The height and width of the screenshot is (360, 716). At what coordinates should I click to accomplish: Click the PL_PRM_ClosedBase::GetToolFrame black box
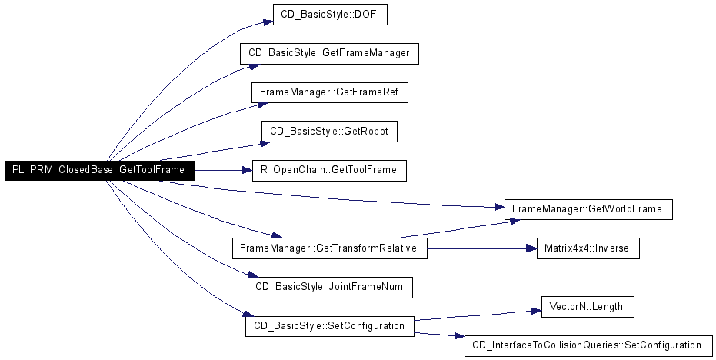click(x=100, y=171)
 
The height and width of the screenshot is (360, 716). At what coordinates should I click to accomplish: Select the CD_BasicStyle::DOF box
click(x=330, y=15)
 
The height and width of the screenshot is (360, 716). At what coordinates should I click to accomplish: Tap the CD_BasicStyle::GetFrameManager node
click(x=329, y=53)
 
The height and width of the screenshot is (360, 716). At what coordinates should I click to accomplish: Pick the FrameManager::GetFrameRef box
click(x=329, y=92)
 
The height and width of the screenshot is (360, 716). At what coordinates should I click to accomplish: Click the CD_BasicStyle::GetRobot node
click(x=329, y=132)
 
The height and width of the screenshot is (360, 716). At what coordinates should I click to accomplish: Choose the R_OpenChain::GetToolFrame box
click(x=329, y=171)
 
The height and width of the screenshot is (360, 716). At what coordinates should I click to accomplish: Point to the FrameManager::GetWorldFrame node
click(x=588, y=209)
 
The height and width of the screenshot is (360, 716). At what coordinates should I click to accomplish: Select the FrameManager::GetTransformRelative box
click(x=330, y=248)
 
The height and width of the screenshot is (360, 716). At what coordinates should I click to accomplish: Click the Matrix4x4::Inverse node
click(x=588, y=248)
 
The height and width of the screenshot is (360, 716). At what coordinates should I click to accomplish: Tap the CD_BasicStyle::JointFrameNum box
click(x=330, y=288)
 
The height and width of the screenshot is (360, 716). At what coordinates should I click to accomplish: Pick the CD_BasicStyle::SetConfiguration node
click(x=330, y=326)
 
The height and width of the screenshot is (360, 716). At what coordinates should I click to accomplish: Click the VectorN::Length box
click(x=588, y=307)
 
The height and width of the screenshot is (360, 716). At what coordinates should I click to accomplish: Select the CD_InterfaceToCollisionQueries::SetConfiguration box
click(x=588, y=346)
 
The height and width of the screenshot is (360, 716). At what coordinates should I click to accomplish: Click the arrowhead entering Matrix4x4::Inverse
click(x=531, y=248)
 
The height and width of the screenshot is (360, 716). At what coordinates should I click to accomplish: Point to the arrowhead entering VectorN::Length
click(x=536, y=311)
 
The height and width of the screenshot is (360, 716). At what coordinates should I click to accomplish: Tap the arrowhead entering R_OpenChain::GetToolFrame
click(x=248, y=171)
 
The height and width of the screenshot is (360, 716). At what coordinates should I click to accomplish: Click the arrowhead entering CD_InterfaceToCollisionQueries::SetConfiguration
click(x=459, y=336)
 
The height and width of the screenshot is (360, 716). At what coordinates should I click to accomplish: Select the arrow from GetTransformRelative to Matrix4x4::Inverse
click(x=481, y=248)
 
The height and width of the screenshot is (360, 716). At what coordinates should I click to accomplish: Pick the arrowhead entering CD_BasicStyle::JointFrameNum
click(x=253, y=275)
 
